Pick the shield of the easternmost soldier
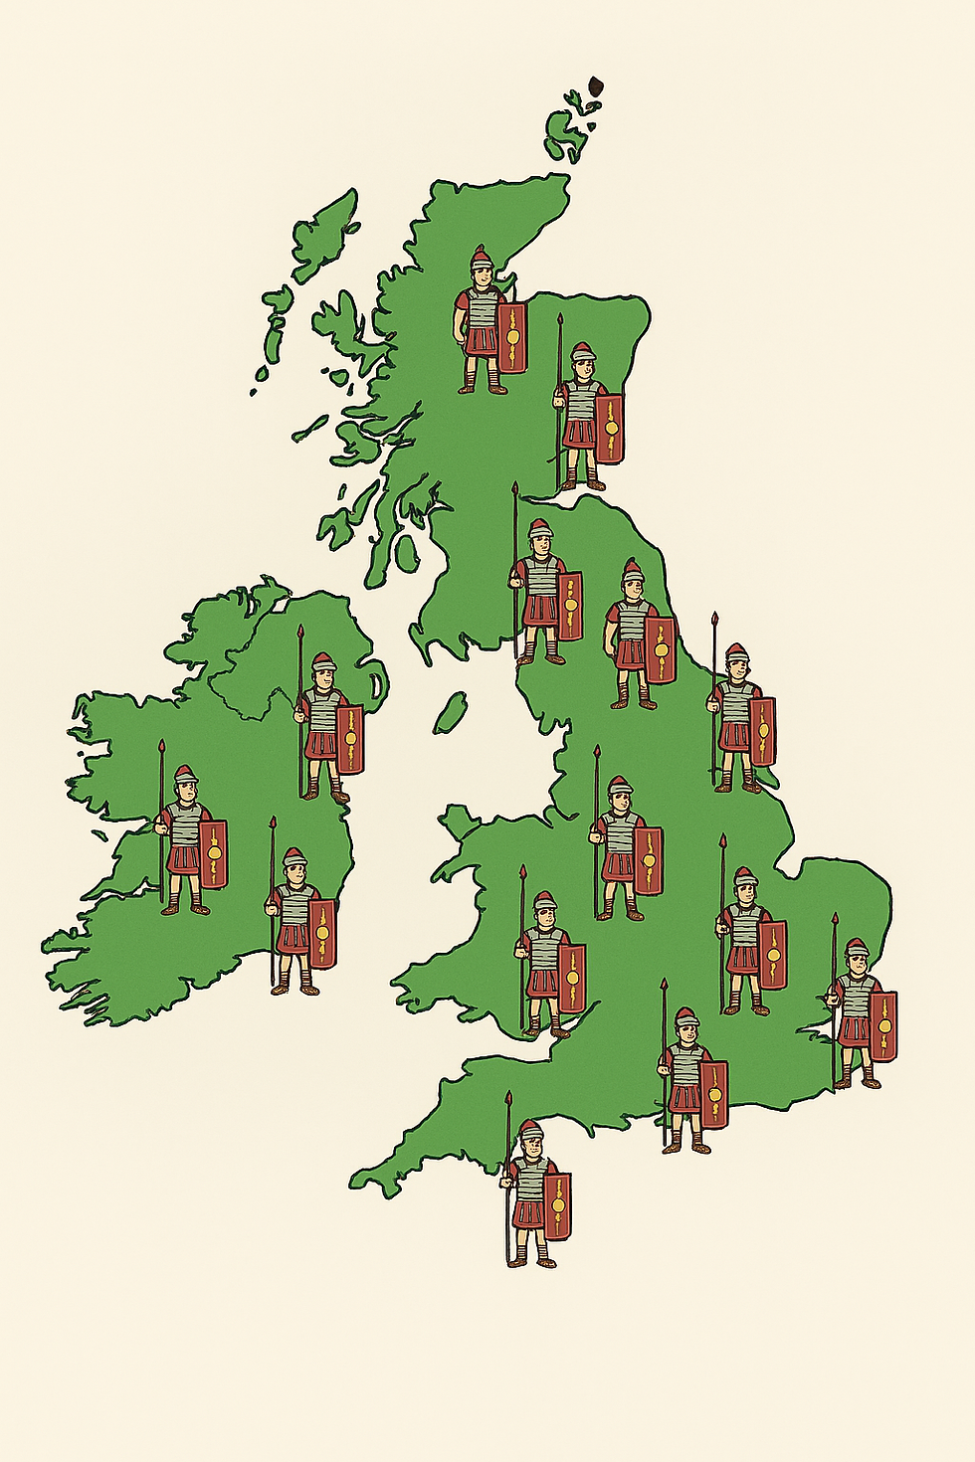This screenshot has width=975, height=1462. (x=882, y=1024)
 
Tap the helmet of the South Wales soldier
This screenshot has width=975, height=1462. (x=544, y=902)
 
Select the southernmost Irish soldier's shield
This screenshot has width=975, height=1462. (x=322, y=933)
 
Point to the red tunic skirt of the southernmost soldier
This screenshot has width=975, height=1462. (x=529, y=1213)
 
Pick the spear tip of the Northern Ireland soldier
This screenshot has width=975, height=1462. (x=300, y=632)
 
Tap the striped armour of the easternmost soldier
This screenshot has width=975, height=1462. (x=855, y=998)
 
